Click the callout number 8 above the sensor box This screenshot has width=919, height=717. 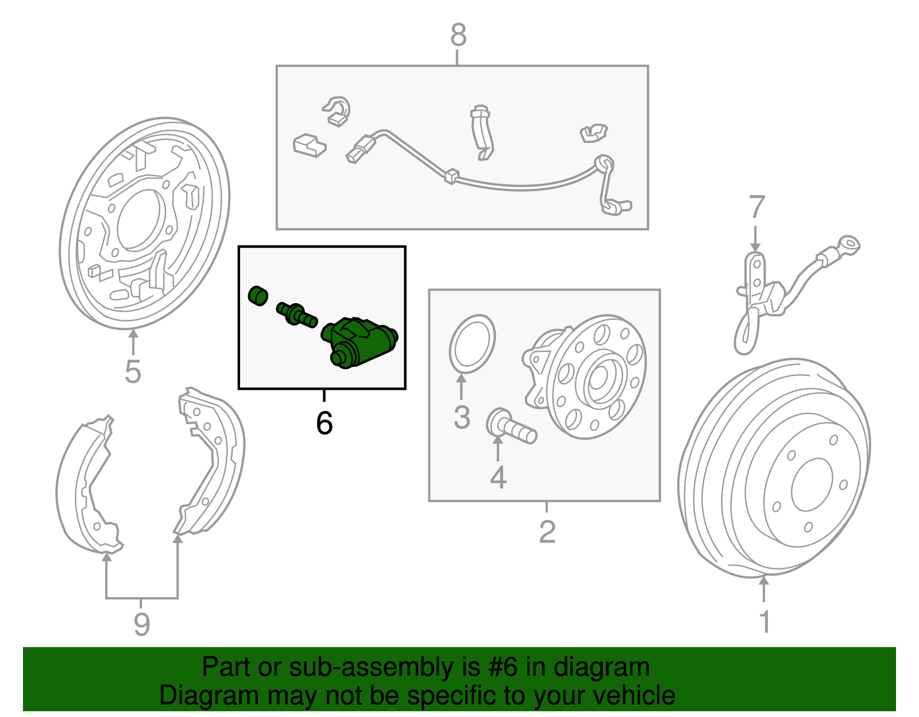(458, 36)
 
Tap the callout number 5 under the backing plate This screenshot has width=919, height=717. (133, 372)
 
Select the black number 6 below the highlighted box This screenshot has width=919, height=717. (324, 423)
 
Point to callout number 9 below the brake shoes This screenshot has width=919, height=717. (141, 623)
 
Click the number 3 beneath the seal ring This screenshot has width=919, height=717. (462, 417)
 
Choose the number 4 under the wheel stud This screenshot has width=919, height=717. (498, 477)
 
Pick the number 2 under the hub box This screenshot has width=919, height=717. (547, 532)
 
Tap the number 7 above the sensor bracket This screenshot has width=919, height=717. (756, 207)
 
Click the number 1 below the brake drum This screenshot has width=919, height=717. (764, 621)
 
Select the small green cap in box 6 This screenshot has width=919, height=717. (258, 295)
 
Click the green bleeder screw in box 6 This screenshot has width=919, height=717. (296, 314)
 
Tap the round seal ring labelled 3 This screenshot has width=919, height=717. (472, 343)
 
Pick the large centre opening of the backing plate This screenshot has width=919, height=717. (140, 219)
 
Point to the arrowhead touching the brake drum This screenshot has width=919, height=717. (763, 581)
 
